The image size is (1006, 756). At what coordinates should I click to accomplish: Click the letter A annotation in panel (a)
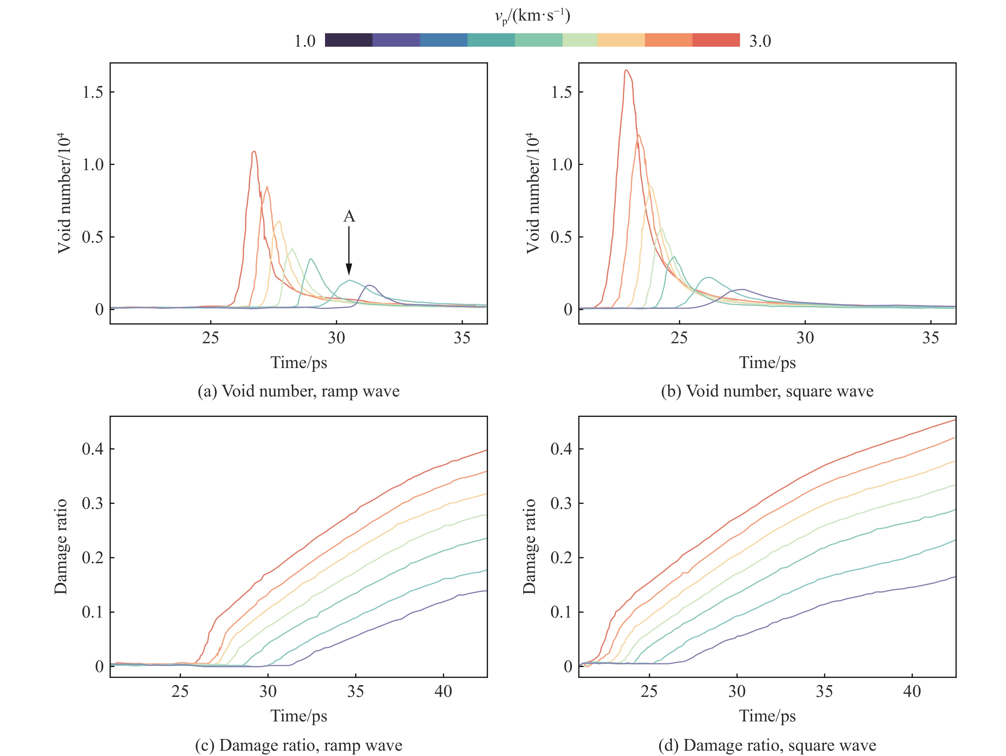tap(349, 217)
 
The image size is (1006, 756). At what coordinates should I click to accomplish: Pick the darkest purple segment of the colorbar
tap(349, 40)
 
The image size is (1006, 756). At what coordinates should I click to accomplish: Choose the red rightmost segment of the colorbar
tap(716, 40)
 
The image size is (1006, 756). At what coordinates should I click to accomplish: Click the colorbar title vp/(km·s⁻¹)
tap(532, 17)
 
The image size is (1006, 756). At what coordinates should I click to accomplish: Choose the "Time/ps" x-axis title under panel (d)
tap(767, 716)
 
